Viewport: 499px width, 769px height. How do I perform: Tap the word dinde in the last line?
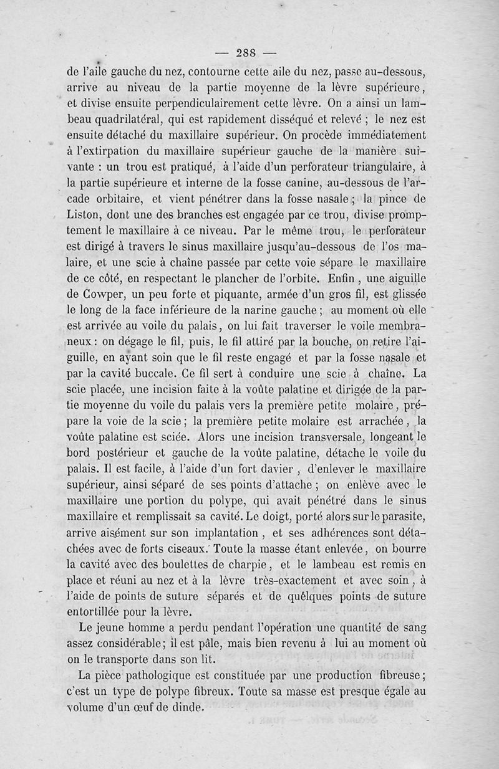188,709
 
